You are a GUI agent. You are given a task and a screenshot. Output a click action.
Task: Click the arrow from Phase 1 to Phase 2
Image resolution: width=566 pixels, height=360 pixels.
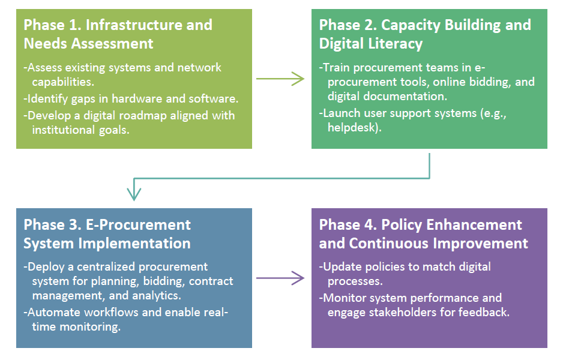click(280, 79)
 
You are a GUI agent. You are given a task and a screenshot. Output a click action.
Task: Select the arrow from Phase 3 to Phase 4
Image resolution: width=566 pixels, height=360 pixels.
click(280, 278)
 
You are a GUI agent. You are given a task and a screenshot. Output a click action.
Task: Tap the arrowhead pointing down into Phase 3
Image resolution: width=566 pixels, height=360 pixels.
click(134, 194)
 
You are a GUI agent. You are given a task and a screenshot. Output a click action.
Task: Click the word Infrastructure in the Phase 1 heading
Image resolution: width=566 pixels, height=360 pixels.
click(149, 25)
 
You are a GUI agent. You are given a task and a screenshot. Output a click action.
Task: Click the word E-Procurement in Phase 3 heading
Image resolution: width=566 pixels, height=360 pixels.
click(138, 225)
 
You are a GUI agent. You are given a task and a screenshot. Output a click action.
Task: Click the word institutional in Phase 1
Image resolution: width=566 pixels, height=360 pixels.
click(64, 130)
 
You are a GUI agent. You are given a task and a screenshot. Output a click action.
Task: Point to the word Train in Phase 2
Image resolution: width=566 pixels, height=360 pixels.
click(336, 67)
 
